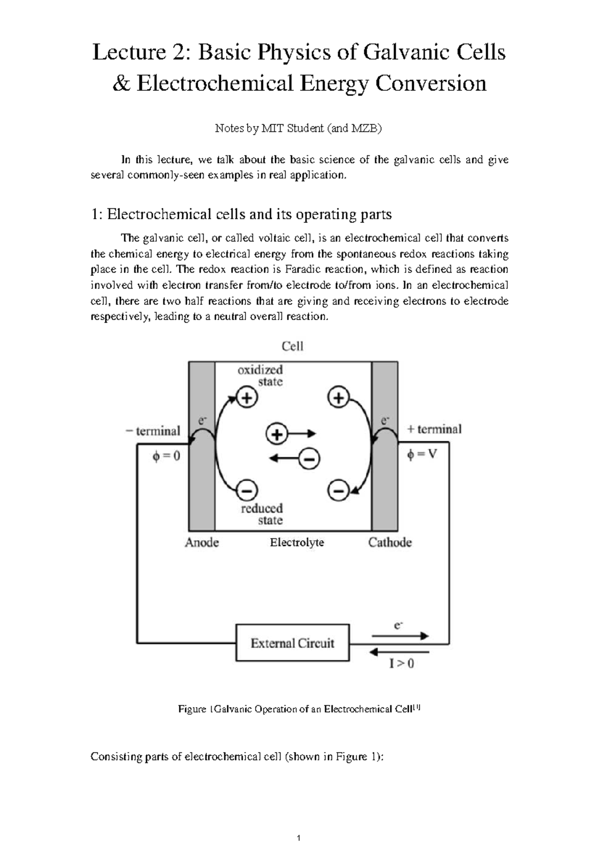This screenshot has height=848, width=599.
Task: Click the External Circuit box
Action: point(292,643)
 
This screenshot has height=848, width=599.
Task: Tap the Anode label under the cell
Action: point(202,542)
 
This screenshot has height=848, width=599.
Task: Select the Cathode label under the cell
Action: point(390,542)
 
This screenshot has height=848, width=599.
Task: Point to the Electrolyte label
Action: point(297,542)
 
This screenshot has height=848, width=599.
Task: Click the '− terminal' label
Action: point(153,430)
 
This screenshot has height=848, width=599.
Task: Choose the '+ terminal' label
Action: point(434,429)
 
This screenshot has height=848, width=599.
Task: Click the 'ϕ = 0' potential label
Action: point(166,456)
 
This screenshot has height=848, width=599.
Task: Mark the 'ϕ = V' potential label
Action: point(422,454)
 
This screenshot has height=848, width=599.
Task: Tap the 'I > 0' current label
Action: point(401,664)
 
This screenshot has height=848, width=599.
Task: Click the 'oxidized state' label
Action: point(261,376)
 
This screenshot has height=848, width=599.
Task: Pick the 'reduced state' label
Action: point(263,514)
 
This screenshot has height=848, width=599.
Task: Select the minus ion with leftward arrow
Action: point(309,458)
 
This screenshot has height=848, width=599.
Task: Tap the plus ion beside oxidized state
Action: point(247,398)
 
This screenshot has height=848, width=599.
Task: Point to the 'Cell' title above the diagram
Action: point(293,346)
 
